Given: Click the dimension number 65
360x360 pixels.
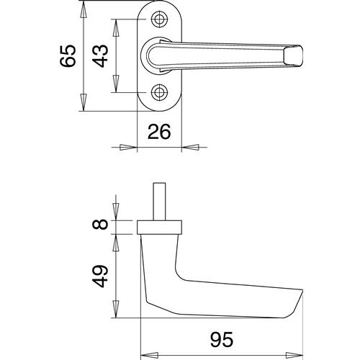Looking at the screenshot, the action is [x=68, y=55].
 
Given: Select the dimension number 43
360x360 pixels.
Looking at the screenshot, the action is [x=101, y=55].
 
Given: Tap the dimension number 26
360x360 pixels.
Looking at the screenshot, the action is [x=159, y=132].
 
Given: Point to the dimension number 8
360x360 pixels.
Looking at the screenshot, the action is [x=100, y=224].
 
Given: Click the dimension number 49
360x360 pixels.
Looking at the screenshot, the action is [x=100, y=276].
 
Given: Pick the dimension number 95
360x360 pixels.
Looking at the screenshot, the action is [x=222, y=340].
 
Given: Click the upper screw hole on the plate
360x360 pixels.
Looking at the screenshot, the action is [x=159, y=19].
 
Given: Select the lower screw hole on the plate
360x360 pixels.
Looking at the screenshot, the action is [x=159, y=92].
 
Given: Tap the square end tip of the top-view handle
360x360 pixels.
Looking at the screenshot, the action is [x=293, y=55].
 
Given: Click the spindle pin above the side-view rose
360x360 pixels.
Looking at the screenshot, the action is [x=159, y=202].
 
